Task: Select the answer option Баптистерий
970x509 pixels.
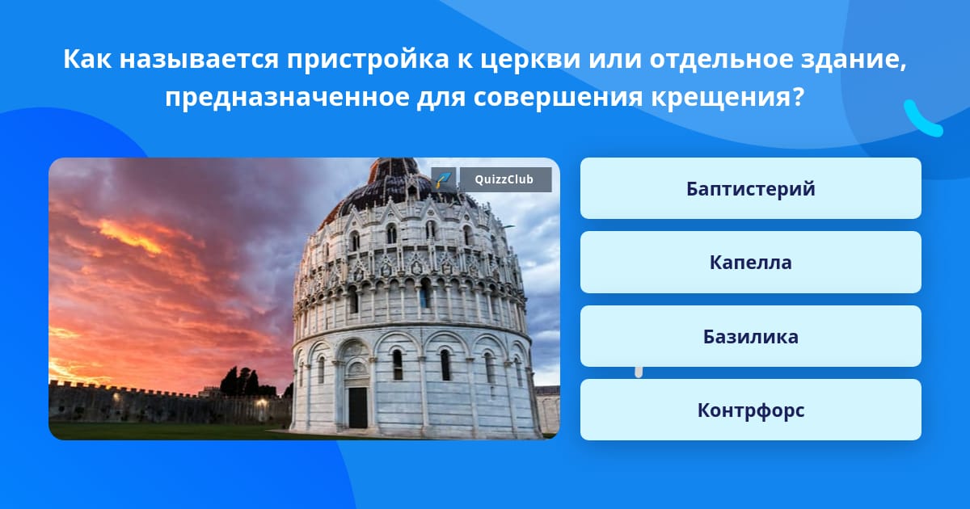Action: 750,188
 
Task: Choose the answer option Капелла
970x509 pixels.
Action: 750,263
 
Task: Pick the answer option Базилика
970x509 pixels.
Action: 750,336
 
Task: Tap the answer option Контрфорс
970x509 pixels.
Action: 750,410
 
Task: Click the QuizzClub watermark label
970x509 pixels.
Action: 505,179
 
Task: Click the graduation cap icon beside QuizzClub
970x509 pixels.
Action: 444,179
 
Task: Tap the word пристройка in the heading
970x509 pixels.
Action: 368,60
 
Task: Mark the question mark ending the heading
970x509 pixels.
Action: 799,96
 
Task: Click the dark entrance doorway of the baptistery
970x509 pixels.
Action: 358,408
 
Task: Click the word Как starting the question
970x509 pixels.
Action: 87,59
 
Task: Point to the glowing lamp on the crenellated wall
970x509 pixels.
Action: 261,402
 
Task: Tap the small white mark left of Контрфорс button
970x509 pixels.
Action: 639,372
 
